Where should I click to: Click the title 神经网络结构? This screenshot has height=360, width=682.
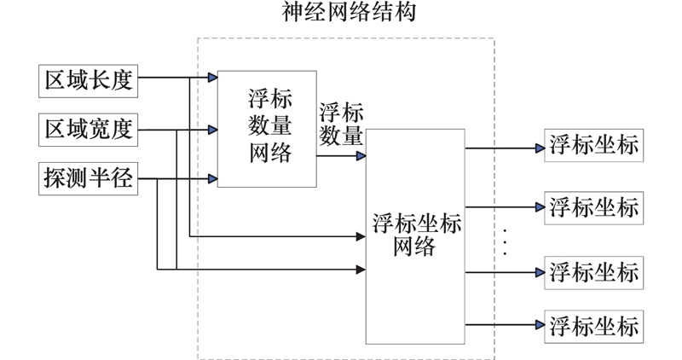346,12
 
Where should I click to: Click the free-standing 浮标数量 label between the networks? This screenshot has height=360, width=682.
341,125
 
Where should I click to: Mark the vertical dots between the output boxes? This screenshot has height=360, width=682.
506,241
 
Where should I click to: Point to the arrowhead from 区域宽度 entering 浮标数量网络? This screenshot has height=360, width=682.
213,130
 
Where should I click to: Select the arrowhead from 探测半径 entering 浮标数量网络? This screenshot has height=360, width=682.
213,179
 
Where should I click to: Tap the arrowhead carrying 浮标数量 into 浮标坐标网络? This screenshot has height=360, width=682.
361,157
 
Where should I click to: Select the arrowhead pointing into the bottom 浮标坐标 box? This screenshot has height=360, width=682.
539,325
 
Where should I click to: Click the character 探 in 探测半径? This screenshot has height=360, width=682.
55,179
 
